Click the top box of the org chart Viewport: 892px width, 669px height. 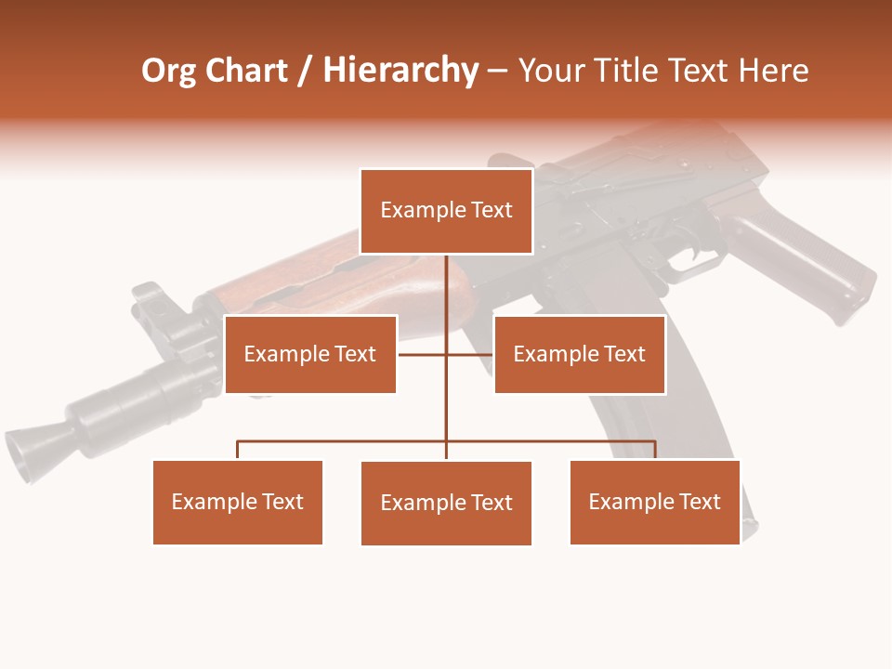pos(446,211)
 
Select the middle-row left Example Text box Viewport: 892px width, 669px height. pos(310,354)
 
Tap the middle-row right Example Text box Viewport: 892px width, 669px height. pos(579,354)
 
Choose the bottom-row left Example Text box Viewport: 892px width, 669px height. pos(238,502)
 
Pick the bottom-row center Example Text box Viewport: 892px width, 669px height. pos(446,503)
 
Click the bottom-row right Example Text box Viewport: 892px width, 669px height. pos(654,502)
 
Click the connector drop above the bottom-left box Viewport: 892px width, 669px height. pos(238,450)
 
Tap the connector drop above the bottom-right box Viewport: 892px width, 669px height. pos(655,450)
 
